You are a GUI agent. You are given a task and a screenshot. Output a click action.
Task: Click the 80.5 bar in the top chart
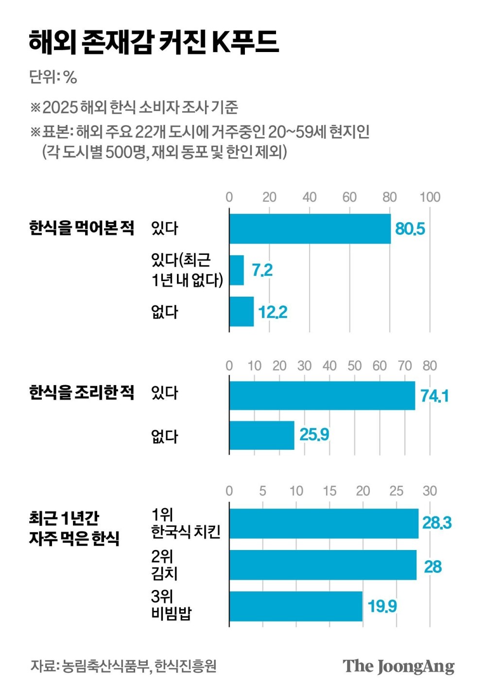[310, 229]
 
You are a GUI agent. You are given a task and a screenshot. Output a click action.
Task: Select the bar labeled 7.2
[237, 270]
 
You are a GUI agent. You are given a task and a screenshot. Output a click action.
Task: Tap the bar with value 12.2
[242, 311]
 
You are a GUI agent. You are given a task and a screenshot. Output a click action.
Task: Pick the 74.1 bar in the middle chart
[322, 395]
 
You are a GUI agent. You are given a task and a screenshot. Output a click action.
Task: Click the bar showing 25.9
[261, 435]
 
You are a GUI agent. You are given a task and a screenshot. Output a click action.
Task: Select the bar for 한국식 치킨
[324, 524]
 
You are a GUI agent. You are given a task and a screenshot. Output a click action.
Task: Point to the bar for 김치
[323, 565]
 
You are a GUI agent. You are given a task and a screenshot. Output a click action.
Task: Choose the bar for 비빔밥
[296, 606]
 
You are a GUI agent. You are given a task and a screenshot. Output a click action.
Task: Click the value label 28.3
[436, 523]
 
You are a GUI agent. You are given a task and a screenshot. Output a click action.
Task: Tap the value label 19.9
[382, 606]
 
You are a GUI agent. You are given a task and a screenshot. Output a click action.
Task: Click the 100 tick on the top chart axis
[430, 197]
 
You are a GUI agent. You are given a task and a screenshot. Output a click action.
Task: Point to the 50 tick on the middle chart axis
[354, 366]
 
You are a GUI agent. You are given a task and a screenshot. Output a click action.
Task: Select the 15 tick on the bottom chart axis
[330, 491]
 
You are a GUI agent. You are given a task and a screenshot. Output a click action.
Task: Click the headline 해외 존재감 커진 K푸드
[153, 42]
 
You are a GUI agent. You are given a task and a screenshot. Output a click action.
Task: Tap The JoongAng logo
[399, 666]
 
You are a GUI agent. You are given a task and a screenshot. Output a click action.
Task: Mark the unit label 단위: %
[53, 77]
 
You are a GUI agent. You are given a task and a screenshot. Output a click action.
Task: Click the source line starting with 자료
[123, 666]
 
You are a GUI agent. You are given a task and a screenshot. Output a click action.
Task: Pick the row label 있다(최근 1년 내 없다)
[187, 270]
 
